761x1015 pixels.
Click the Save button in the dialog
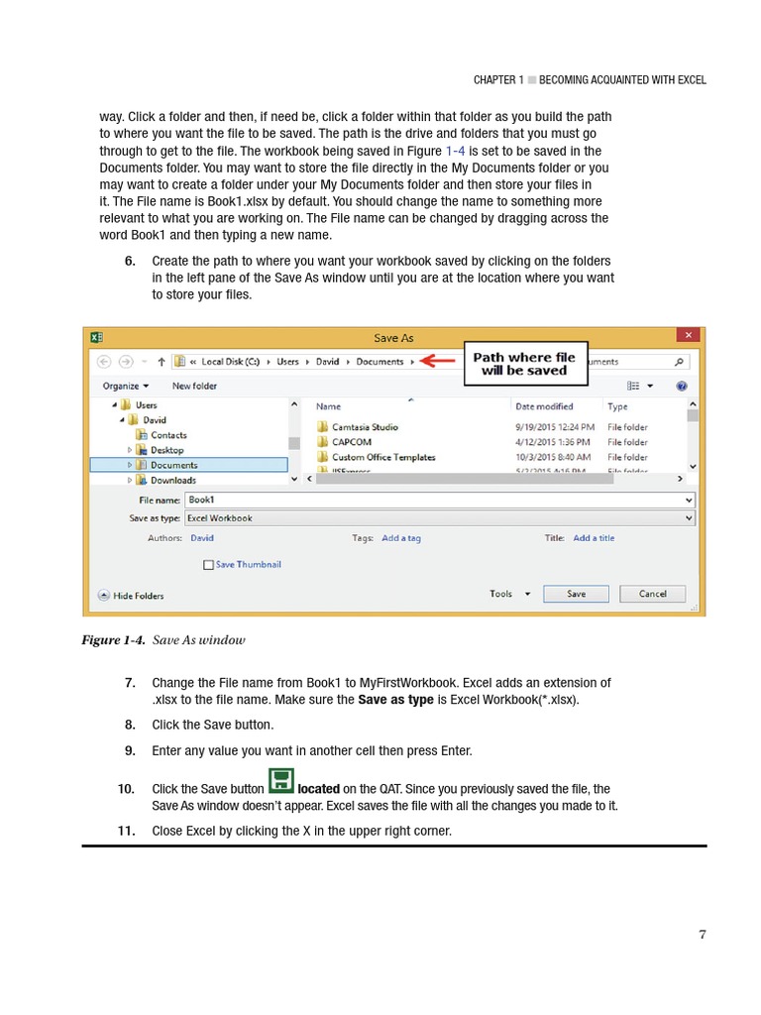576,594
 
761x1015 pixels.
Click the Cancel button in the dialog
652,594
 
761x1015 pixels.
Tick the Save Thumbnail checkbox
208,565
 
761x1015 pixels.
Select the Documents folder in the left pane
173,465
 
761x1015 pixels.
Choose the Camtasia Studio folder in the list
365,427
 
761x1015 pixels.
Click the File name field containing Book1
439,501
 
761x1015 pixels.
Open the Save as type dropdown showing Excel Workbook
439,518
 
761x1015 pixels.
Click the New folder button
194,386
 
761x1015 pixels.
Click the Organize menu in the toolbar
125,386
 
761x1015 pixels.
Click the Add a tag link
401,538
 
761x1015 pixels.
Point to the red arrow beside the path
440,362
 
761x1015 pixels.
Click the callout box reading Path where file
525,364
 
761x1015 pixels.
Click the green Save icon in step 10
281,780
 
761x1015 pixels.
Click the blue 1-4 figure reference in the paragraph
455,151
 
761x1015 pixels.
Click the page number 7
703,934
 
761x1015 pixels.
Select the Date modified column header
543,406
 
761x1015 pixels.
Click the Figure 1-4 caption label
114,640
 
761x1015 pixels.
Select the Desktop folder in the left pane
166,450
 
